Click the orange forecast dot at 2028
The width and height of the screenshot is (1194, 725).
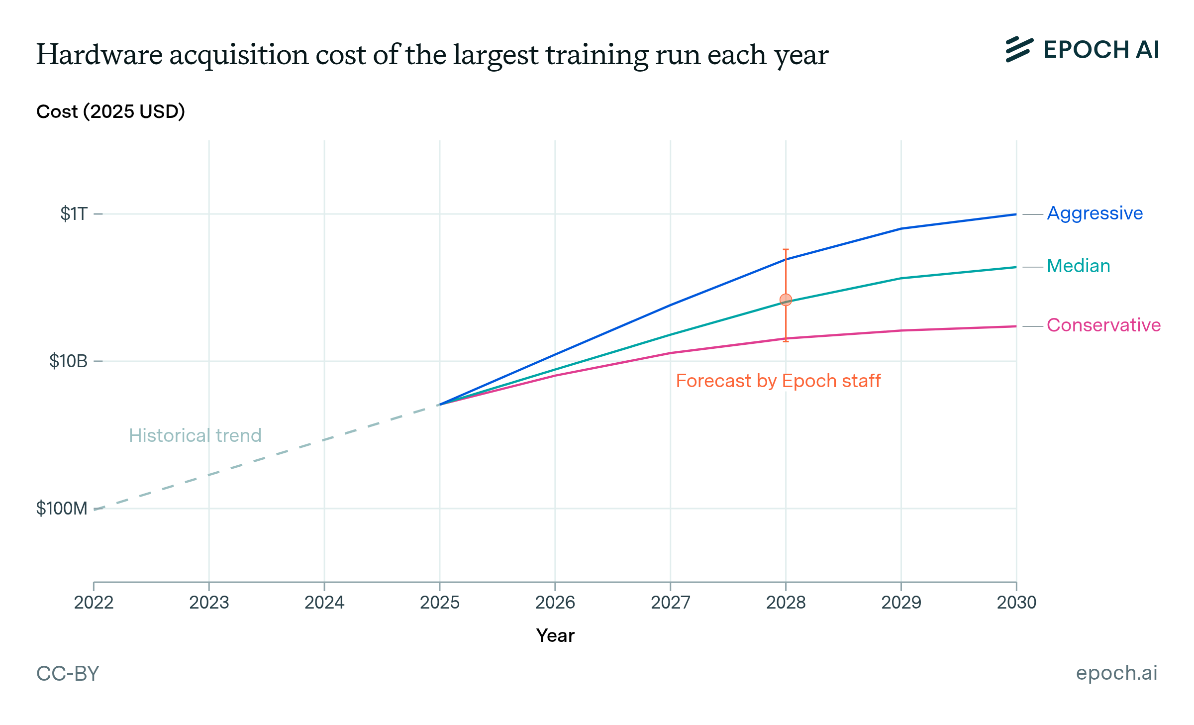coord(786,300)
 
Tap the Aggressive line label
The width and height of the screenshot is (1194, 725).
coord(1094,213)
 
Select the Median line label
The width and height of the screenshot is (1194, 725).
coord(1078,266)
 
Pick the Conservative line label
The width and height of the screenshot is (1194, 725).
coord(1103,325)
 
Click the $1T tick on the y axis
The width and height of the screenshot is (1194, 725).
coord(74,214)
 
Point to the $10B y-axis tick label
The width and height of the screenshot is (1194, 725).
coord(68,361)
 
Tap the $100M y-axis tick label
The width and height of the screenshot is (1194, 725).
coord(62,509)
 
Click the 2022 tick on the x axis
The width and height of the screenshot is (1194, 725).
coord(94,603)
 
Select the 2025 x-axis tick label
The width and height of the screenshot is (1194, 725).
coord(439,603)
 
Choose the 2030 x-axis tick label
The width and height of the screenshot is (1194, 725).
coord(1016,603)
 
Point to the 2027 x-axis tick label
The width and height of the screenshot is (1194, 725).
coord(670,603)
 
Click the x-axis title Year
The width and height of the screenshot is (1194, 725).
coord(555,636)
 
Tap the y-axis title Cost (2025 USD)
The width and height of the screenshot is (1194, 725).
coord(110,111)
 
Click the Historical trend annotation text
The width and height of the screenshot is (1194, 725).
coord(195,436)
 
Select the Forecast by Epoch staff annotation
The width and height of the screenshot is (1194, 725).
coord(778,381)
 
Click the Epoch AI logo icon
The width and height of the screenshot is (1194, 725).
coord(1019,50)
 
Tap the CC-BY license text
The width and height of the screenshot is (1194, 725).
coord(68,674)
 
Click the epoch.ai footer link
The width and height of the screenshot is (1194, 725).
coord(1116,673)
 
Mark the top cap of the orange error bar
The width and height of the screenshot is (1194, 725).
coord(786,249)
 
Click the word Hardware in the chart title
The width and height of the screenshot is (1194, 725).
coord(99,55)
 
